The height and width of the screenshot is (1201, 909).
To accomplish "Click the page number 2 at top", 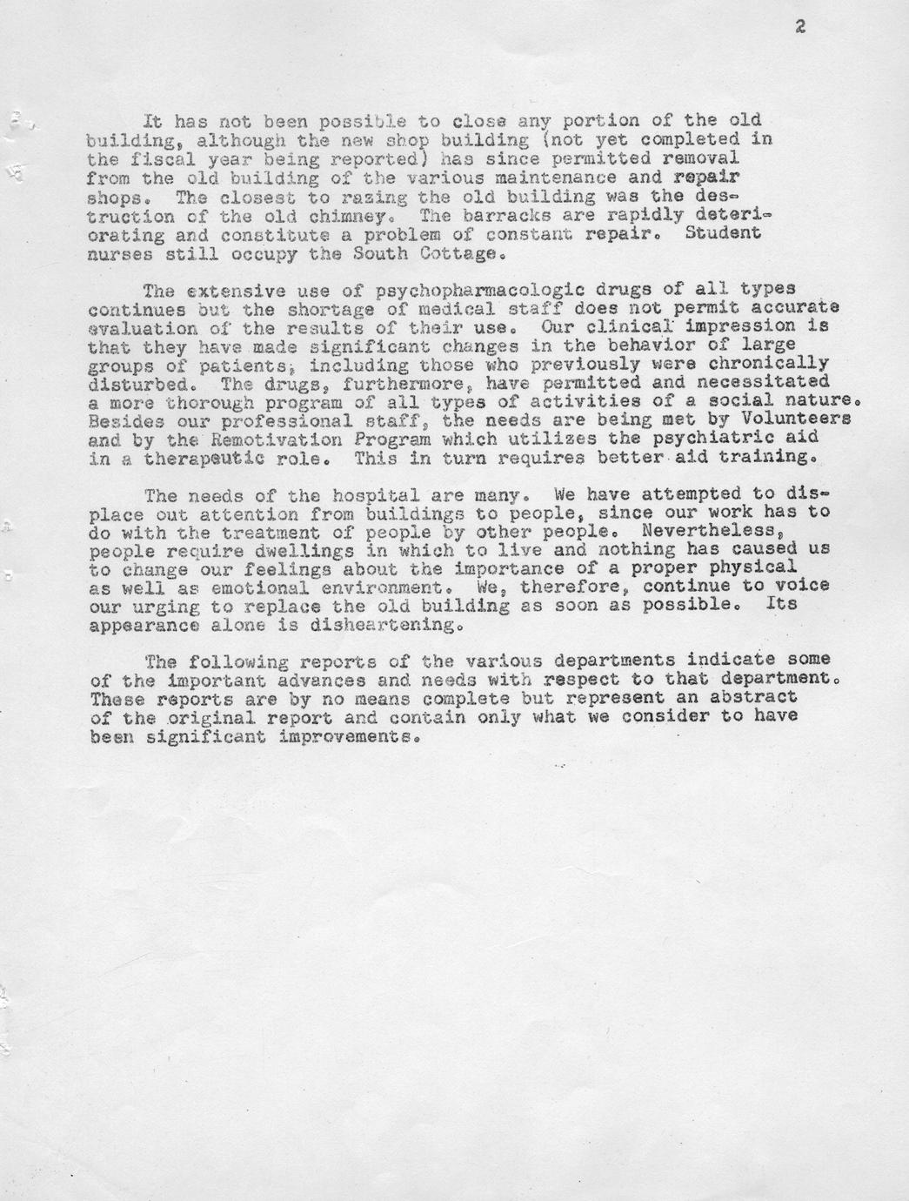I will click(x=799, y=27).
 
